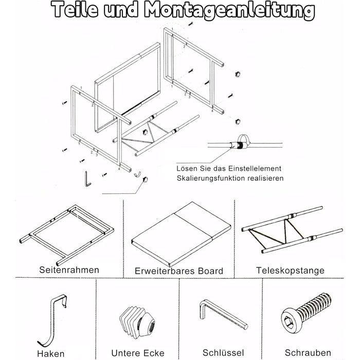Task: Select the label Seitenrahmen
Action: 69,269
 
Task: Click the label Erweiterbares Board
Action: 178,271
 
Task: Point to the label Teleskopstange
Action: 290,269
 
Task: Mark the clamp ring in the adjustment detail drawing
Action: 242,145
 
